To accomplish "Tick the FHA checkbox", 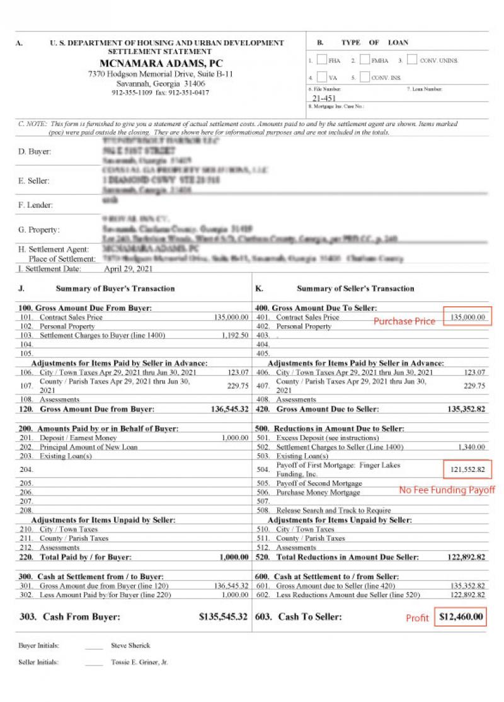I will point(322,60).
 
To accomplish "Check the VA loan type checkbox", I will point(322,78).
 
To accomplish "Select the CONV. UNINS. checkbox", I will point(412,60).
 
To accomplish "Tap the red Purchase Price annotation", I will point(404,321).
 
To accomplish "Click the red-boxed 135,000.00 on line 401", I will point(468,317).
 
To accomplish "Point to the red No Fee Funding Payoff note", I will point(447,490).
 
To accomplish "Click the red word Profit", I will point(417,618).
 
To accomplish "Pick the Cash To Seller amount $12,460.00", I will point(462,617).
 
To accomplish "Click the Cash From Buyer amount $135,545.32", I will point(223,617).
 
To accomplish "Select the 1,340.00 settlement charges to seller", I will point(472,447).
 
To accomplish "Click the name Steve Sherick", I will point(130,645).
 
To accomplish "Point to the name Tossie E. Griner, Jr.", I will point(139,662).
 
